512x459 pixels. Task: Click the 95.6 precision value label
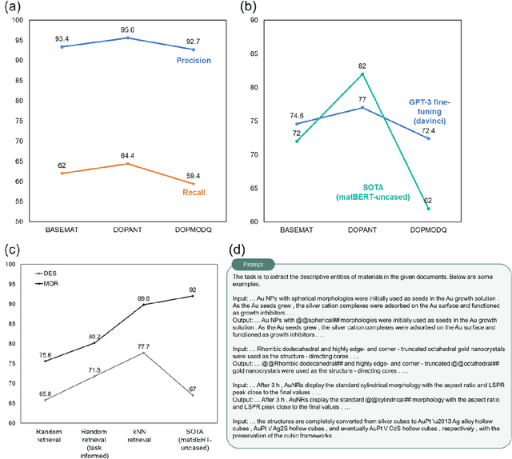click(128, 29)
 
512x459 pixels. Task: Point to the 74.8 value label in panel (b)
click(297, 115)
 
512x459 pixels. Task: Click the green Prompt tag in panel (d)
click(251, 264)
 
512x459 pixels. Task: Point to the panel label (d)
click(238, 251)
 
